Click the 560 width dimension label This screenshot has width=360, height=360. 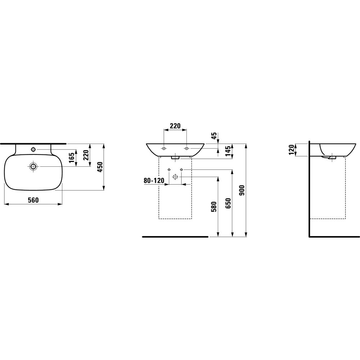tap(33, 200)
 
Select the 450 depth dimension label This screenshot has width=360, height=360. tap(100, 167)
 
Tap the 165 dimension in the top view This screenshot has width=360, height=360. tap(72, 158)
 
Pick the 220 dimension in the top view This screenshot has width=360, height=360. tap(86, 155)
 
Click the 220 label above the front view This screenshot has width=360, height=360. tap(175, 126)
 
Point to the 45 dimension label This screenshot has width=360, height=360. tap(214, 136)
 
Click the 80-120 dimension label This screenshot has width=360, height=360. tap(154, 181)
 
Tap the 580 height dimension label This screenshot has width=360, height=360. tap(214, 207)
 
